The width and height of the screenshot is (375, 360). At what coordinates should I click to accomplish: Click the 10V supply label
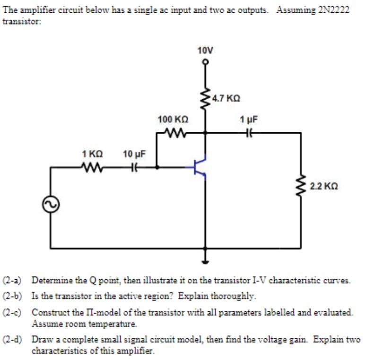click(205, 50)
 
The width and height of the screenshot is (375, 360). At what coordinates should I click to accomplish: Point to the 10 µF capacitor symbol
click(134, 167)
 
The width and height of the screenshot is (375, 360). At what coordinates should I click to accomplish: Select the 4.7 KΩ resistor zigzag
click(205, 99)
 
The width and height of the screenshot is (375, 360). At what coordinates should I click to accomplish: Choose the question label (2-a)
click(13, 280)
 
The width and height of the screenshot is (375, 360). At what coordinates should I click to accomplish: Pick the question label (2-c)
click(13, 312)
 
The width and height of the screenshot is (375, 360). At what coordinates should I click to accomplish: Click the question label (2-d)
click(13, 340)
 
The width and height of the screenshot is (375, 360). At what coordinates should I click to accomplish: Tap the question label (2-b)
click(13, 296)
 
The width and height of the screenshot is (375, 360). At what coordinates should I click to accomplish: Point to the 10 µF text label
click(134, 154)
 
